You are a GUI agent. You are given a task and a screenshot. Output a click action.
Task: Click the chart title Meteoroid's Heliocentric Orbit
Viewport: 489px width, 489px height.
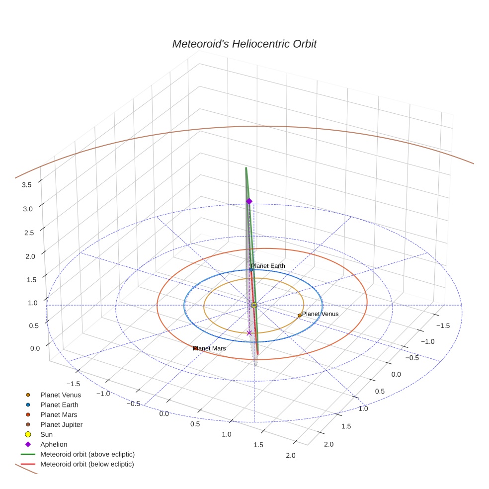(x=244, y=44)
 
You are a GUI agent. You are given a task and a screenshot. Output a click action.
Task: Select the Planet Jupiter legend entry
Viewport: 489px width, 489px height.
(x=61, y=424)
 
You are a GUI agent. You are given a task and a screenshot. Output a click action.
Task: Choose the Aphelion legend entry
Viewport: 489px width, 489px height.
(x=53, y=444)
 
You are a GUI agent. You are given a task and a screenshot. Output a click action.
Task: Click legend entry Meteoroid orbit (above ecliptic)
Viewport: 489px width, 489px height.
(x=87, y=454)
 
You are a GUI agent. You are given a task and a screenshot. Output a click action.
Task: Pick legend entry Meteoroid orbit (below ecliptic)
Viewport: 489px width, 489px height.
(x=87, y=464)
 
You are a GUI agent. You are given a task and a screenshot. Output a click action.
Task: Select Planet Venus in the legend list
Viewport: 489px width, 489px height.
(x=60, y=395)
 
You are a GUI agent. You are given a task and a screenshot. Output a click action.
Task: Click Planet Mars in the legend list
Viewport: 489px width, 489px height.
(x=59, y=414)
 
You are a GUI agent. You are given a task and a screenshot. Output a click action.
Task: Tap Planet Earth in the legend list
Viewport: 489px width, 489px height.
(x=59, y=405)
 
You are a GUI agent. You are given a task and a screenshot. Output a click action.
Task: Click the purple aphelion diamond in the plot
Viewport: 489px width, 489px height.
(x=249, y=201)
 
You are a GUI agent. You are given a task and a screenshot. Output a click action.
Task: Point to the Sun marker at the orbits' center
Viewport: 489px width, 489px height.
(x=254, y=305)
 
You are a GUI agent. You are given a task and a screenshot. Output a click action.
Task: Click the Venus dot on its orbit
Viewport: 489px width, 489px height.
(x=299, y=315)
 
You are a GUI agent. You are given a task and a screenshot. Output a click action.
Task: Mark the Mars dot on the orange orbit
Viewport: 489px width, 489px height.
(x=195, y=348)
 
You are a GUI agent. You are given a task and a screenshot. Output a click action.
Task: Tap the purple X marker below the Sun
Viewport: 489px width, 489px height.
(x=249, y=333)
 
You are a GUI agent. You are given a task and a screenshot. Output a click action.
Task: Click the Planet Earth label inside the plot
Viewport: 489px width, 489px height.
(x=268, y=266)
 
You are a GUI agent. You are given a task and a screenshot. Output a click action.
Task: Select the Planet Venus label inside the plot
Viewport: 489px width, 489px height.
(x=320, y=314)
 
